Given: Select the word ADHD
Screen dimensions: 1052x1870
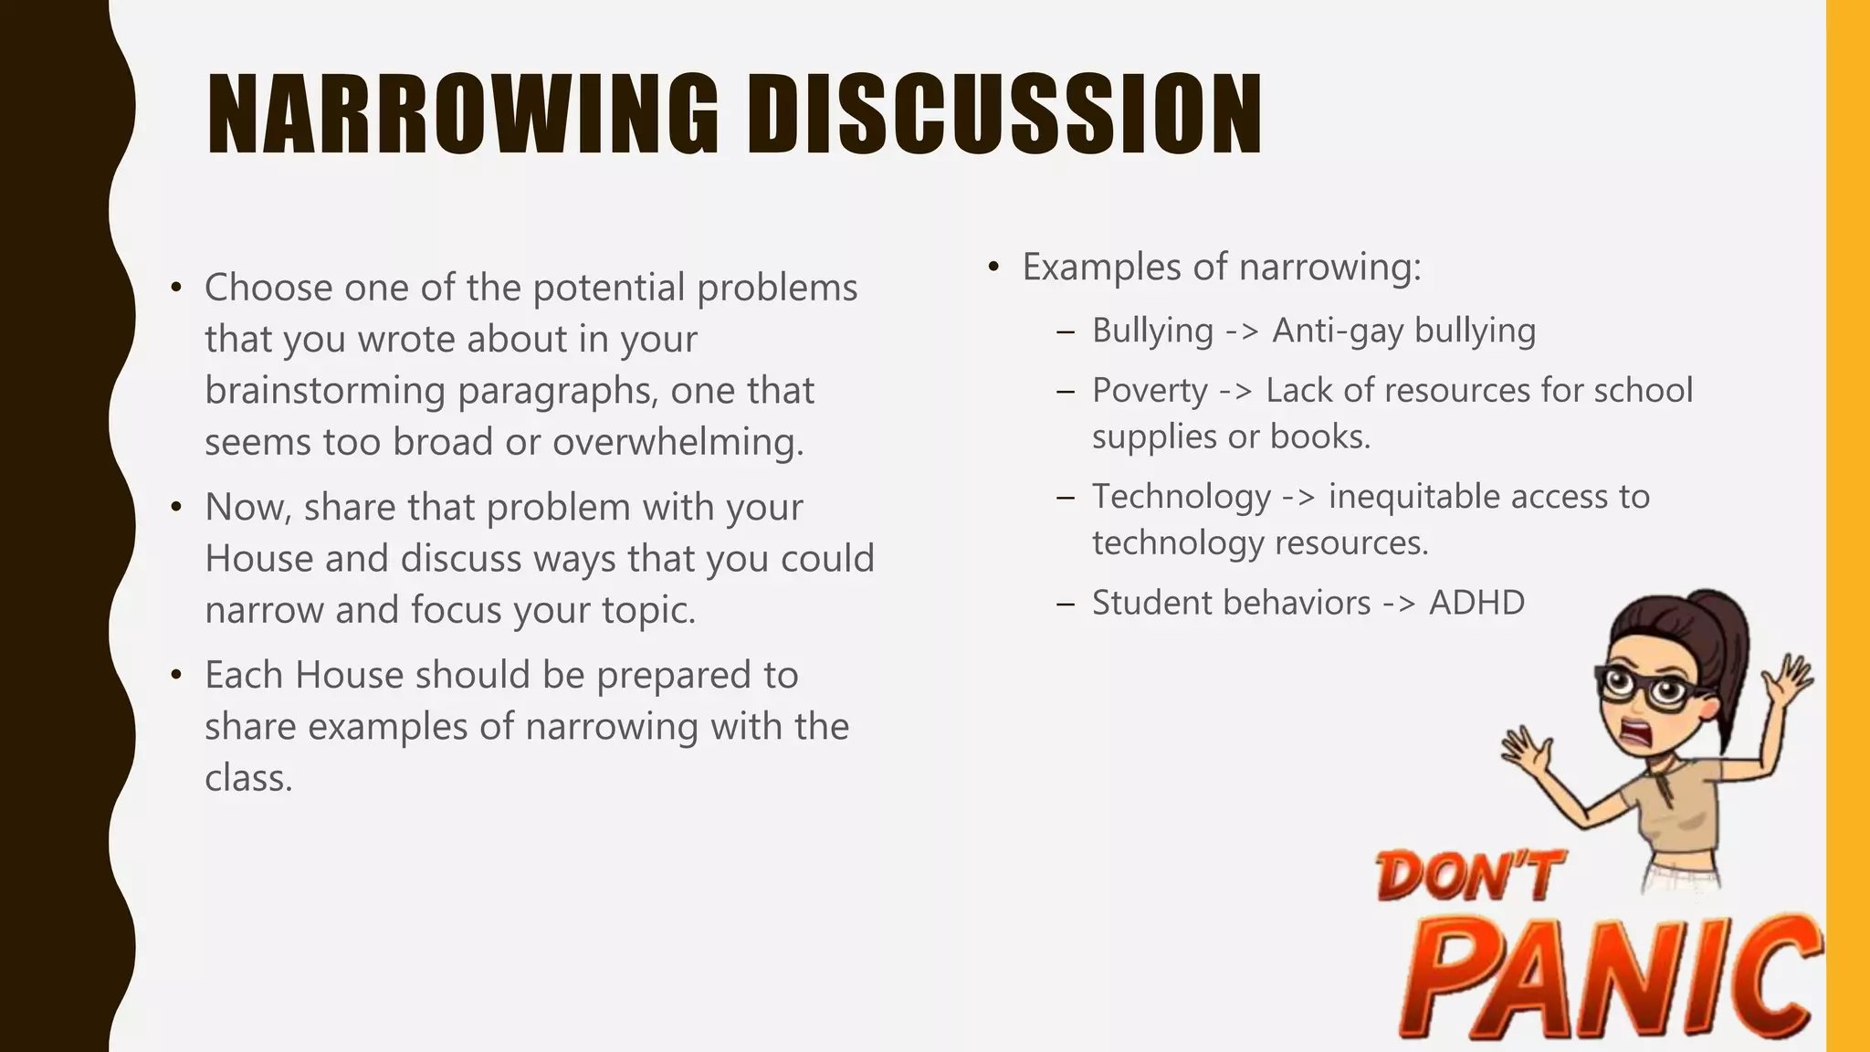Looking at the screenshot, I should click(x=1476, y=603).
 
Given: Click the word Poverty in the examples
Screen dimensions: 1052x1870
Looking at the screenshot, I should click(x=1150, y=391).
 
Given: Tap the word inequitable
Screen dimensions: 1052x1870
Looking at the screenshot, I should click(x=1413, y=497).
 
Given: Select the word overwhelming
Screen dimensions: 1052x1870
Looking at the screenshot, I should click(x=678, y=442).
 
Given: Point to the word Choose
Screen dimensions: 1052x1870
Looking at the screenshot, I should click(x=268, y=288).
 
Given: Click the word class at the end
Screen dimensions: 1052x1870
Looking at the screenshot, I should click(x=247, y=778).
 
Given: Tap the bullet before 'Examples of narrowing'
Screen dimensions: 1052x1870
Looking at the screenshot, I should click(x=993, y=268).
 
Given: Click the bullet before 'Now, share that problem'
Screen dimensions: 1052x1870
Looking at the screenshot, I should click(x=176, y=508).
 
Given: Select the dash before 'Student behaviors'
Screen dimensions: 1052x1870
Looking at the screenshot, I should click(x=1065, y=605).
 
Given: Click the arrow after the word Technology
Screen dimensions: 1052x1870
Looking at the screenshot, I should click(x=1298, y=498).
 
